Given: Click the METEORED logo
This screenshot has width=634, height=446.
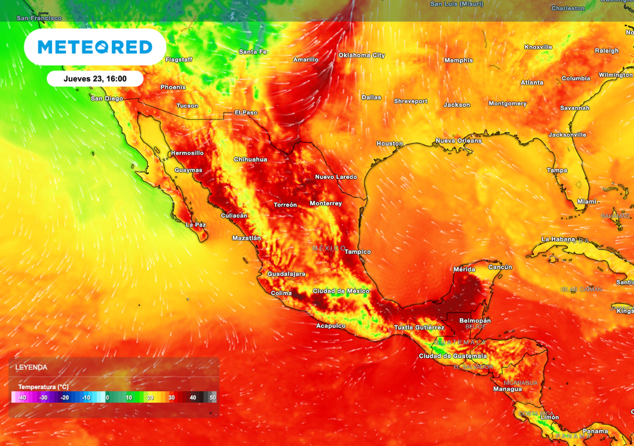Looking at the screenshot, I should (95, 47).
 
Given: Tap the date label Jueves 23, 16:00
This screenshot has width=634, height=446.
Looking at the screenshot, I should (95, 79).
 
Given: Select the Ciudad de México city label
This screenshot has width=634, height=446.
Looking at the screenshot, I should (341, 291).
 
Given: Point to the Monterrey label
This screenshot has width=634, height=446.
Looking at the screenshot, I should (326, 204).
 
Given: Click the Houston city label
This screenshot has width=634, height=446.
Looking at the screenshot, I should (389, 144).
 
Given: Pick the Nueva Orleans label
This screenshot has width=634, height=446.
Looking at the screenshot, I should (459, 141).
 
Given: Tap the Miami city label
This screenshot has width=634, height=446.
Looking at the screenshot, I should (586, 202).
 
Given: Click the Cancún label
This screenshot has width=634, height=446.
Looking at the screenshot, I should (500, 267).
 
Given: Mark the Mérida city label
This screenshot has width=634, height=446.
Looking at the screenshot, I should (464, 269).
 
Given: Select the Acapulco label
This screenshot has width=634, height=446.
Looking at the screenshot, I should (330, 325).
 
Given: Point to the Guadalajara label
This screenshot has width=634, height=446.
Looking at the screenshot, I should (287, 274).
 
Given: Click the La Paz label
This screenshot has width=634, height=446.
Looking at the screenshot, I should (196, 225).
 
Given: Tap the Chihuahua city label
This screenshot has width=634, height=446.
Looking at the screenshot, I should (250, 160).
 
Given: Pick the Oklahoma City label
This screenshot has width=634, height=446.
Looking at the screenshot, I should (362, 55).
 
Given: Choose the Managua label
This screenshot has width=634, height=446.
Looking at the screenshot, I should (508, 389).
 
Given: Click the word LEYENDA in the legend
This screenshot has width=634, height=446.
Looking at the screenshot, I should (32, 367).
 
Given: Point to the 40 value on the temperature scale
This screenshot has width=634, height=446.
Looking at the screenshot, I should (193, 397).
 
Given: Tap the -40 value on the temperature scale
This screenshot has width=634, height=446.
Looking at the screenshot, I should (22, 397).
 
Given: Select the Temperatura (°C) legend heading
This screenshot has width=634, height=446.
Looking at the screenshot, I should (43, 387).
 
